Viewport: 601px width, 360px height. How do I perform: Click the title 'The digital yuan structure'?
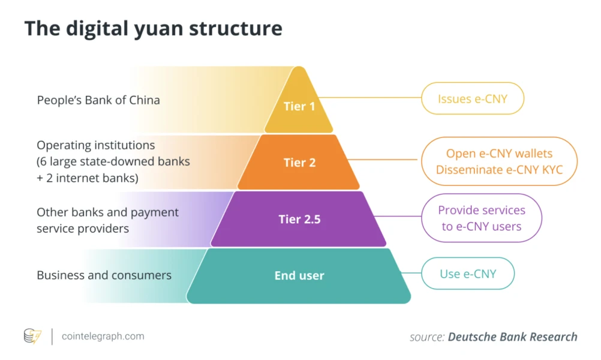coord(153,29)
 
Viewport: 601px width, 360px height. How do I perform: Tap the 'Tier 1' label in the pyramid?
coord(299,107)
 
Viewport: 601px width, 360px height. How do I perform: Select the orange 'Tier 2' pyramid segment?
coord(299,163)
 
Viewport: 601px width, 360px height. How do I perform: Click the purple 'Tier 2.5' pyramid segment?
coord(299,219)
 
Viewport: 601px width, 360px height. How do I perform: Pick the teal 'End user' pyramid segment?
coord(299,276)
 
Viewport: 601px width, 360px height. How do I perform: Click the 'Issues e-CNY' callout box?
coord(472,98)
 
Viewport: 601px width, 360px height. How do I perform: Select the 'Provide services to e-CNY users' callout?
coord(481,218)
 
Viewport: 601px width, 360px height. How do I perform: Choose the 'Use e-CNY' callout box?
coord(468,274)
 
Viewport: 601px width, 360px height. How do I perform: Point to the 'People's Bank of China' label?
coord(98,100)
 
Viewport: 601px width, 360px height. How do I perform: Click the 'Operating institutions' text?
coord(96,145)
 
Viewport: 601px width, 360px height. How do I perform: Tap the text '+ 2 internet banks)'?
coord(88,178)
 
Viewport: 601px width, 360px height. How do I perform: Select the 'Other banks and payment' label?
coord(107,212)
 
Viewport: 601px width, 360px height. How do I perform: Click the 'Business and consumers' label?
coord(104,275)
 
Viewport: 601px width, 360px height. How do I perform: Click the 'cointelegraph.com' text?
coord(103,336)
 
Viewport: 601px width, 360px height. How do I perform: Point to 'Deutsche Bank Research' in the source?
coord(512,337)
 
